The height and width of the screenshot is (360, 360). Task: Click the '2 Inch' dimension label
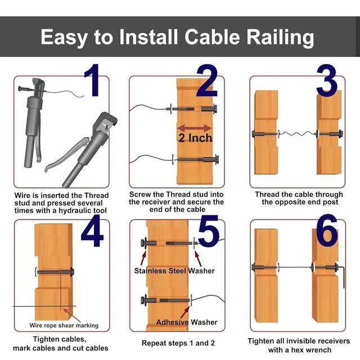tap(196, 138)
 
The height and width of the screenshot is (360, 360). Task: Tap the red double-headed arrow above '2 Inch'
tap(195, 127)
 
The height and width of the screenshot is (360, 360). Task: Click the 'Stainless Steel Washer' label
tap(174, 271)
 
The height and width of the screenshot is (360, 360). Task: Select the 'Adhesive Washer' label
tap(186, 322)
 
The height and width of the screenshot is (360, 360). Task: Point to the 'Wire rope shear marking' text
tap(64, 325)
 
